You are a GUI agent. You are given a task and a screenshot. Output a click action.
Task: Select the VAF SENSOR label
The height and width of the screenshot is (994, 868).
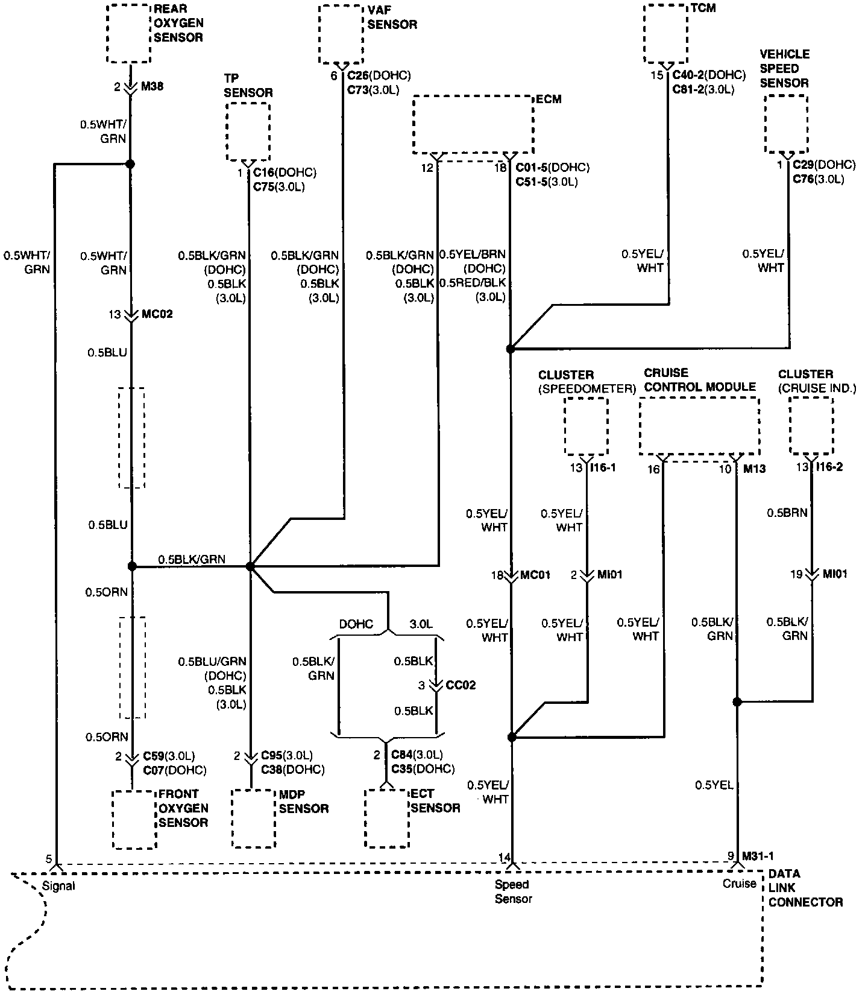392,17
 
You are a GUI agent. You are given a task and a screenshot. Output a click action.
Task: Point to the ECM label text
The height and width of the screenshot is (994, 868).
549,99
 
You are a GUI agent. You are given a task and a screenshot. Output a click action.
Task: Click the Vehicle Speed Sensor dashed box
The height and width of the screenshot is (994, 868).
786,123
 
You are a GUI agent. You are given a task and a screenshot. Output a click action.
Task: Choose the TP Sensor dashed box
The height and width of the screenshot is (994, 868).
248,131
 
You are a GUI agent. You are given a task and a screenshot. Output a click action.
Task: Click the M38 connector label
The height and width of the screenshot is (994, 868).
153,87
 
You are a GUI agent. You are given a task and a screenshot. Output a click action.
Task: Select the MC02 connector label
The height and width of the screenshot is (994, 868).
157,314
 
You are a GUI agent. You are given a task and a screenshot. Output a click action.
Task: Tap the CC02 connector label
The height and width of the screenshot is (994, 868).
461,686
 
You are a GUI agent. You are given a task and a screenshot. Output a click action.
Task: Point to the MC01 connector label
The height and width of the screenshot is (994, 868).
536,575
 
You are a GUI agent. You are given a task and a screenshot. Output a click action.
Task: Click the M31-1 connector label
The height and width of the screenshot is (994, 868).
758,856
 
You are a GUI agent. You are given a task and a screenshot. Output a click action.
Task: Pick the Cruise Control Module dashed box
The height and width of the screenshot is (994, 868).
699,428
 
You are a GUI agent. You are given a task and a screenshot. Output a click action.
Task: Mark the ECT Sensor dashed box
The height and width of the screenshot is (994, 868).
386,818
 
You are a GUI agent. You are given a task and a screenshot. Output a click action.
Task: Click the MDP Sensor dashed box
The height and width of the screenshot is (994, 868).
254,818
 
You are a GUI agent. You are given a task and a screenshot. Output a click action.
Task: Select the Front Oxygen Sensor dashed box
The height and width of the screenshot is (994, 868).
134,819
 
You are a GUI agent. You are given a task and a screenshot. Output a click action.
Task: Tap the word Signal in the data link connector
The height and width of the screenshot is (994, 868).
59,886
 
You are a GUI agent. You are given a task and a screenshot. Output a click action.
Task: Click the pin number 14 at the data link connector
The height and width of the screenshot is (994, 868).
504,857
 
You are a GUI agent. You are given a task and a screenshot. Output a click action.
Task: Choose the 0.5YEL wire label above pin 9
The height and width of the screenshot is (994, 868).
714,785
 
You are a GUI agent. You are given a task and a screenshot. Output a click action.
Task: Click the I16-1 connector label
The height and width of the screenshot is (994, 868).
603,467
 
